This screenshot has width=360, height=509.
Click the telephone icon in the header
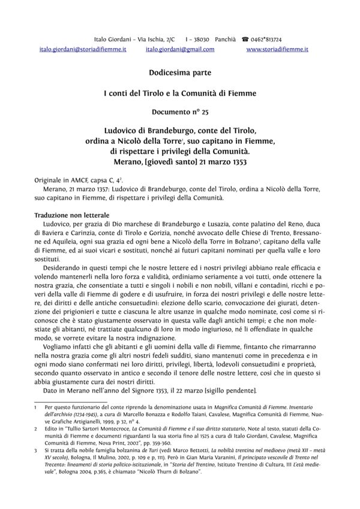point(245,38)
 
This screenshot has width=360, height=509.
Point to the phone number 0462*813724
point(271,38)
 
